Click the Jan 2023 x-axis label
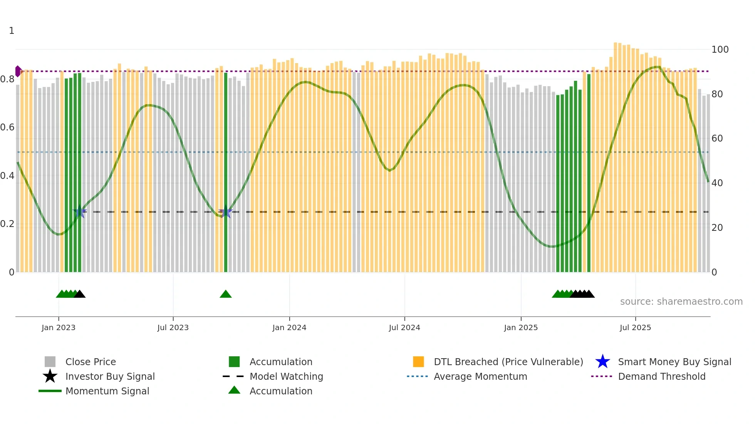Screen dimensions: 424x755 tap(59, 327)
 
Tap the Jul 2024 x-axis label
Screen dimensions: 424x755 tap(404, 327)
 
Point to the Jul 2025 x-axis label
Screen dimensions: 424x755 tap(635, 327)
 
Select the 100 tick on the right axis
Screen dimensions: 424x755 tap(720, 50)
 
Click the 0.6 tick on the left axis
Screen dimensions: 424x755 tap(7, 127)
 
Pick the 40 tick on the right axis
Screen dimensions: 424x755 tap(717, 183)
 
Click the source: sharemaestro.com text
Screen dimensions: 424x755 tap(681, 302)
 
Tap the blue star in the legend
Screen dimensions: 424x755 tap(602, 362)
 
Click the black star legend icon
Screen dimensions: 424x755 tap(50, 376)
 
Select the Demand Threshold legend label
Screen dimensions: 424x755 tap(661, 376)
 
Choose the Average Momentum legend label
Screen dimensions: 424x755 tap(480, 376)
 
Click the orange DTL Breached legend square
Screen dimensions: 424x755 tap(418, 362)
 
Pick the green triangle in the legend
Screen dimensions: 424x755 tap(234, 390)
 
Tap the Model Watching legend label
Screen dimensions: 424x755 tap(286, 376)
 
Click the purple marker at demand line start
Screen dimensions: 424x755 tap(18, 71)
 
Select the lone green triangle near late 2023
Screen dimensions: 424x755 tap(226, 294)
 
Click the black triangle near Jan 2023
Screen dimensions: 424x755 tap(80, 294)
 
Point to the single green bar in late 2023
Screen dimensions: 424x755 tap(226, 173)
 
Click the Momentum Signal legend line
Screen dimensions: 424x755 tap(50, 391)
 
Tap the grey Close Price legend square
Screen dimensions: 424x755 tap(50, 362)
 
